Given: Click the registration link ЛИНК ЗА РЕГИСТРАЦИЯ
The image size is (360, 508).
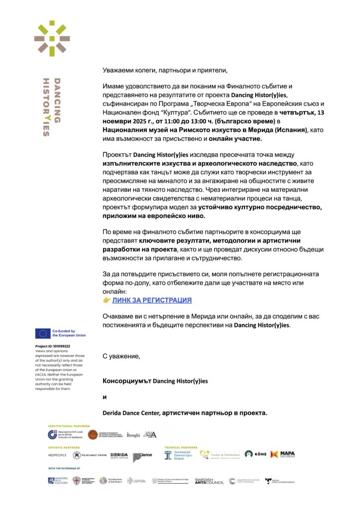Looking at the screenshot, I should pos(151,300).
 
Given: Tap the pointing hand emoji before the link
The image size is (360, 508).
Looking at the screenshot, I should pos(106,300).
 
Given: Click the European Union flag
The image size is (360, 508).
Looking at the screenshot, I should pos(42,333).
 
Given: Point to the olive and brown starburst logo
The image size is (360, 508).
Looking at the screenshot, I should pos(52,38).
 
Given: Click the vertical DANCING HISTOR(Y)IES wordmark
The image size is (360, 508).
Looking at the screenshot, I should pos(52,106).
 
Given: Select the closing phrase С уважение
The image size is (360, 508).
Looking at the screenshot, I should pos(122,356).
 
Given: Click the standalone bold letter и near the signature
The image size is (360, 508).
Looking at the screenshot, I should pos(104,397).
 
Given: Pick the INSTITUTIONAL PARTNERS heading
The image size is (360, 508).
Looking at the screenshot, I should pos(69,426).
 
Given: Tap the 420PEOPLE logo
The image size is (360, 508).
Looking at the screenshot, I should pos(57,455).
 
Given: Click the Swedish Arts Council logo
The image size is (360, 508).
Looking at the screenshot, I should pos(209,481).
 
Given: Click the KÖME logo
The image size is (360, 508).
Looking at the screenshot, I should pos(255,454).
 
